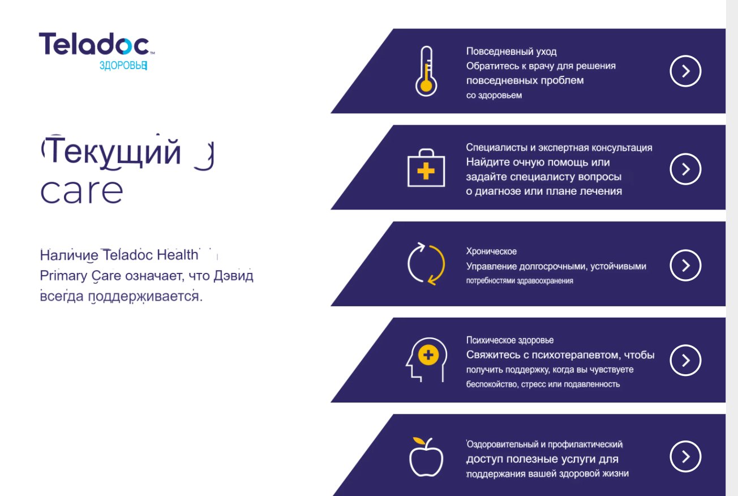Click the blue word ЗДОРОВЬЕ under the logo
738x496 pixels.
tap(123, 66)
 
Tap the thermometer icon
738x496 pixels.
tap(426, 71)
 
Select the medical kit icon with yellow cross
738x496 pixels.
tap(426, 168)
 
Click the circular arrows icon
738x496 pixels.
tap(426, 264)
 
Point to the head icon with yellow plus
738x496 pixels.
tap(426, 360)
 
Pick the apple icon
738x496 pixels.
tap(426, 457)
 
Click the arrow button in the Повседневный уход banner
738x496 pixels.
tap(685, 71)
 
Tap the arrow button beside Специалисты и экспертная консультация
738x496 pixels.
tap(685, 169)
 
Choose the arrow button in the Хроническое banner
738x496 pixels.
tap(685, 266)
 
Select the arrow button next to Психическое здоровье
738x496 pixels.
tap(685, 360)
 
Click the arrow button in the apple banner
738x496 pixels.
tap(685, 456)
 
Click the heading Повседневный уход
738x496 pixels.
tap(511, 52)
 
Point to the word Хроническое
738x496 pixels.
tap(491, 251)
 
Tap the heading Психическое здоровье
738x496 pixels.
tap(510, 340)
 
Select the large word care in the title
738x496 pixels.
tap(81, 191)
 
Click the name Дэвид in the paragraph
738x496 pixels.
tap(234, 276)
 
